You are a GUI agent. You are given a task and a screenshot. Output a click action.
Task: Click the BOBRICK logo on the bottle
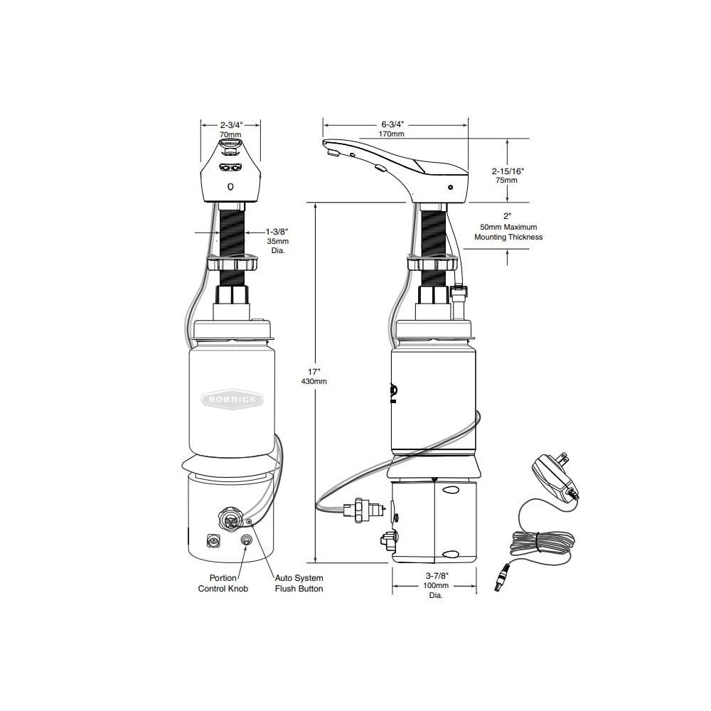(232, 400)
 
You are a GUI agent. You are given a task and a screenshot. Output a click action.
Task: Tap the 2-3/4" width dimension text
(231, 124)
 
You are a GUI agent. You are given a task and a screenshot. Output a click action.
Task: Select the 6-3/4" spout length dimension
(392, 124)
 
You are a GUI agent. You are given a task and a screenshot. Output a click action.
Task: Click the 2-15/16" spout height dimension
(508, 171)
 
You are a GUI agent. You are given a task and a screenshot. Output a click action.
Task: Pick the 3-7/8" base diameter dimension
(437, 576)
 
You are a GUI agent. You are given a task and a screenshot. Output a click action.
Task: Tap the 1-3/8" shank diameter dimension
(277, 232)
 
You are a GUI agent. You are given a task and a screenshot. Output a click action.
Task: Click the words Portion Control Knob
(223, 583)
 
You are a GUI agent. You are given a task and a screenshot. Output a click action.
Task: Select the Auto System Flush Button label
(299, 583)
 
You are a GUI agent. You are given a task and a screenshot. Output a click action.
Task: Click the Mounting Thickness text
(508, 237)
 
